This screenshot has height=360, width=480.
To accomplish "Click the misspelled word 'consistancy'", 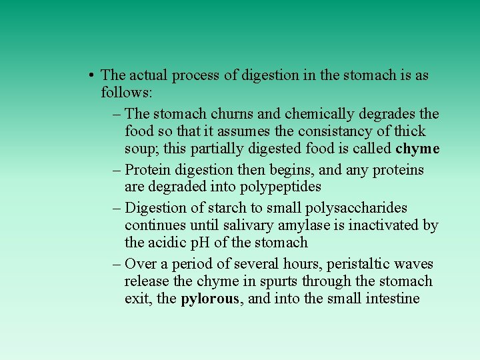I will pyautogui.click(x=325, y=131).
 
